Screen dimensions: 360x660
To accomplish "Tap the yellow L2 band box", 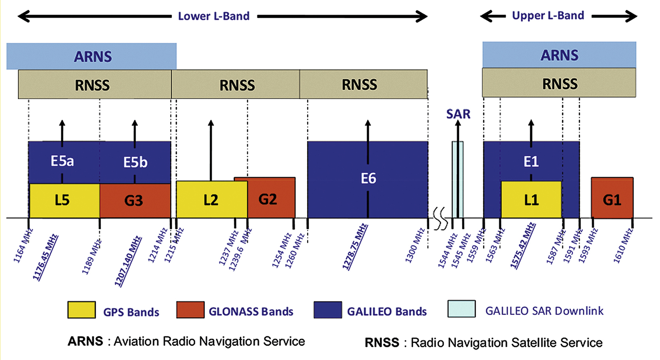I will click(x=211, y=200).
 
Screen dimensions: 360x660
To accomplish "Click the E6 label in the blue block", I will click(x=368, y=179).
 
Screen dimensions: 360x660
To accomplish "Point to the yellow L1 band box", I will click(x=531, y=200).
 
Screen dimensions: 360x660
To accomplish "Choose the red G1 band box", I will click(x=612, y=200).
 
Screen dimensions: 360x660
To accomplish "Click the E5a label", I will click(x=62, y=161).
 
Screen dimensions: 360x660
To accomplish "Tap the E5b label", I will click(x=135, y=162).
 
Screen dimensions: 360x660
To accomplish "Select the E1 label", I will click(x=531, y=161).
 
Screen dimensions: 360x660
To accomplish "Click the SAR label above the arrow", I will click(x=458, y=114).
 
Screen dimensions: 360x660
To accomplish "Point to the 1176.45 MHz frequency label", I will click(x=45, y=257).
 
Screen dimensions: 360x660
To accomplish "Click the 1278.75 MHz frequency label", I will click(x=355, y=247).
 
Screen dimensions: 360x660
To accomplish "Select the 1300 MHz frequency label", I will click(x=415, y=245).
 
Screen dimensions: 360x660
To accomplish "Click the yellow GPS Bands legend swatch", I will click(x=81, y=310).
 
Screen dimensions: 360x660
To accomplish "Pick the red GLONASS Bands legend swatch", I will click(x=190, y=310).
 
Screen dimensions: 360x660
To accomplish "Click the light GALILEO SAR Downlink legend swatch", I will click(x=461, y=309).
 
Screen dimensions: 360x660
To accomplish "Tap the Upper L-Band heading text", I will click(x=548, y=15).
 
